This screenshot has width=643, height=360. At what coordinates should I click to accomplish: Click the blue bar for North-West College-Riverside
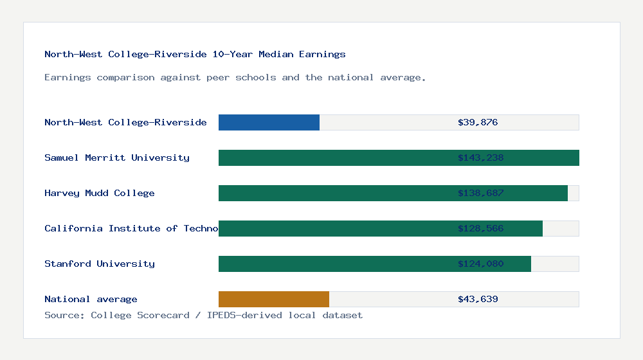(269, 122)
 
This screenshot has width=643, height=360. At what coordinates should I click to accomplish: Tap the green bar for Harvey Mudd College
(334, 193)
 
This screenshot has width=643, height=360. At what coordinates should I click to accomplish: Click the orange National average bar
(274, 299)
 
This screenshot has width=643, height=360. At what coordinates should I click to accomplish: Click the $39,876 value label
(478, 122)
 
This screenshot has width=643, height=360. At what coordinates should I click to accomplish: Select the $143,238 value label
(480, 157)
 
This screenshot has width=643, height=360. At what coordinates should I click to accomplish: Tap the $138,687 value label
(480, 193)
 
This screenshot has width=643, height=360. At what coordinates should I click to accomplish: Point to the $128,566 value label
(480, 228)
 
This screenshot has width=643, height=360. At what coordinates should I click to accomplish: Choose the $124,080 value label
(480, 264)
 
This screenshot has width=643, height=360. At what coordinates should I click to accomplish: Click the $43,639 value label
(478, 299)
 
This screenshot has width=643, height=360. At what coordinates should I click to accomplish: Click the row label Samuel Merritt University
(117, 157)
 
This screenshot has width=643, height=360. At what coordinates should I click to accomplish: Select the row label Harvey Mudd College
(100, 193)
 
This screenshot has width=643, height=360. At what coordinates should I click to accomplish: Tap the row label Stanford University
(100, 264)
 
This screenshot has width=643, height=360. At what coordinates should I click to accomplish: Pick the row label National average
(91, 299)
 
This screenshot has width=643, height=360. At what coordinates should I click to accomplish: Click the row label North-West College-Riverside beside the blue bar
(125, 122)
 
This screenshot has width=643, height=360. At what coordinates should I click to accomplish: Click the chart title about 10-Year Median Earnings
(195, 54)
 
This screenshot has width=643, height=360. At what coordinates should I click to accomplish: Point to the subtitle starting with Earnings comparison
(235, 77)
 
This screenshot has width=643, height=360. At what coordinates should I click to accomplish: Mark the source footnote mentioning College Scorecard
(203, 315)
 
